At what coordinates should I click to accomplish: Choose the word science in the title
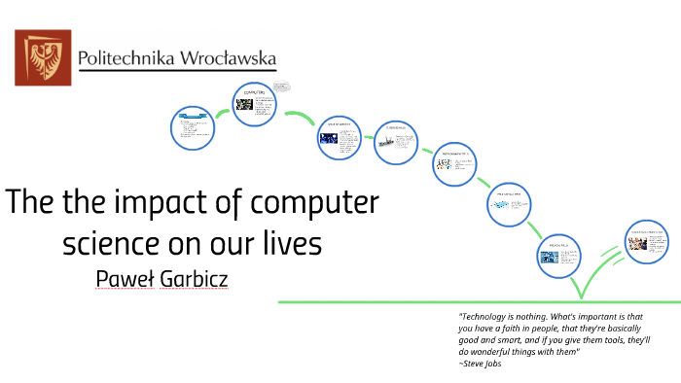coord(106,243)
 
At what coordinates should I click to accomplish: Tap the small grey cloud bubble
coord(282,86)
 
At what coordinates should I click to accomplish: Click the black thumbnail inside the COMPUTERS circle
coord(244,104)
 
